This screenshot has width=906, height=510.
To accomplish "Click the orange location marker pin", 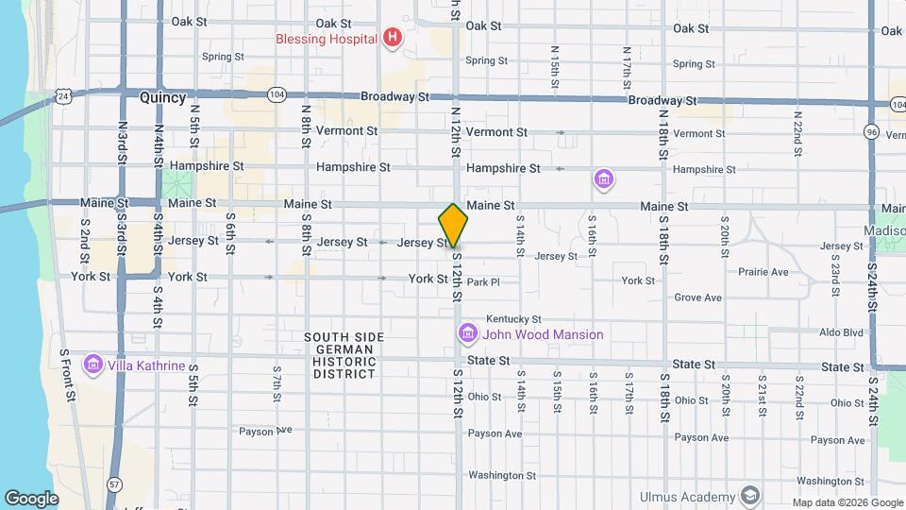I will [453, 226].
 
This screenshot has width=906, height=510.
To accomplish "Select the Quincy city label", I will [162, 97].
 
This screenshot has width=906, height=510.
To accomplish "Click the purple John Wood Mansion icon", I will [466, 333].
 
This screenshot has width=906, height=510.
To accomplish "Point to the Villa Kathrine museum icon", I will [92, 365].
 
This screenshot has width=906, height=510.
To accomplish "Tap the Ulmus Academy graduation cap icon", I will [749, 497].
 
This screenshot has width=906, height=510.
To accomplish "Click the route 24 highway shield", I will [63, 96].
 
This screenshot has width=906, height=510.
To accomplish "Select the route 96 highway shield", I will [870, 132].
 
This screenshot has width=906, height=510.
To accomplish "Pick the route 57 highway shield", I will [114, 484].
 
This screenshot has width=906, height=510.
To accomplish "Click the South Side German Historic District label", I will [339, 355].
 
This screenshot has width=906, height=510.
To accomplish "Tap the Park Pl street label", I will [482, 282].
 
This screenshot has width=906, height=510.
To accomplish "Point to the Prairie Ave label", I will [764, 272].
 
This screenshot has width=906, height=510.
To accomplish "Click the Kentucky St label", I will [513, 319].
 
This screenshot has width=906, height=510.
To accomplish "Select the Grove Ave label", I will [698, 298].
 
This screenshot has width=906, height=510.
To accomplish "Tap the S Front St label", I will [66, 370].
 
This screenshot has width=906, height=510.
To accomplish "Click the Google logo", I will [31, 498].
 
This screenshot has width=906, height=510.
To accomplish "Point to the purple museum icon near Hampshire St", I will [603, 178].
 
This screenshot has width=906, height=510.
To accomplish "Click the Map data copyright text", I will [847, 502].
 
